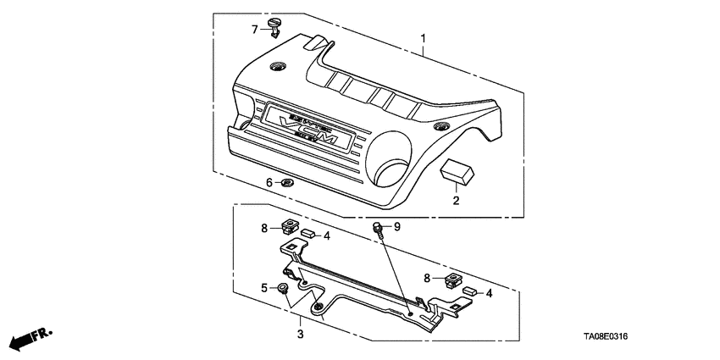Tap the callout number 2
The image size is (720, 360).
click(x=456, y=201)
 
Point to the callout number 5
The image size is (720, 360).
click(x=264, y=288)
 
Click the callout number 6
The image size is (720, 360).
click(x=269, y=182)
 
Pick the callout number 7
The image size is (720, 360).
click(x=254, y=30)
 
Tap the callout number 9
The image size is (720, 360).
click(x=396, y=227)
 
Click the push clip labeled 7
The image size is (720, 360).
click(x=276, y=28)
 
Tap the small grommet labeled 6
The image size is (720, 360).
click(x=287, y=182)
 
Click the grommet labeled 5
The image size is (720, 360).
click(x=283, y=289)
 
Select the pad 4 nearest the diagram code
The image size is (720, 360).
click(x=468, y=291)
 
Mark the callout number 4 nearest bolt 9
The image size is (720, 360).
click(x=327, y=235)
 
